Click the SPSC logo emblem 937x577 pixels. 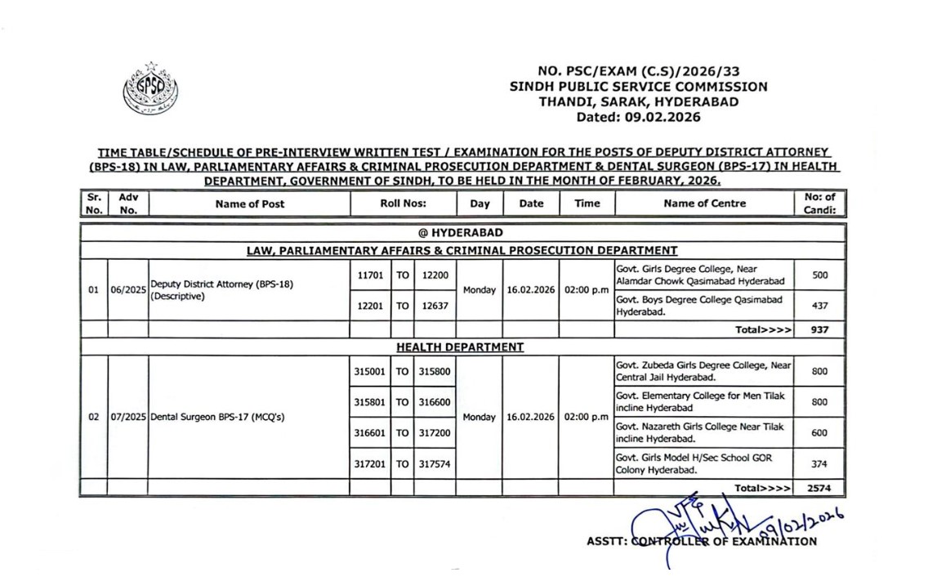click(150, 88)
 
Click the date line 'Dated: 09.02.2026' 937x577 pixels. click(638, 117)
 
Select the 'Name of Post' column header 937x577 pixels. click(249, 204)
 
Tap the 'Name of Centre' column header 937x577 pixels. click(704, 204)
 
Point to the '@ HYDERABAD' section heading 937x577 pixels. click(461, 233)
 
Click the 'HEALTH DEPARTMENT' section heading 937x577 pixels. click(460, 347)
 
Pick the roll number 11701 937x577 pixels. click(371, 275)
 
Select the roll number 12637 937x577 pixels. click(435, 306)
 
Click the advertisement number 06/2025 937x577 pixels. click(127, 290)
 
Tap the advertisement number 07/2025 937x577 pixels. click(127, 416)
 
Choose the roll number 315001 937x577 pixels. click(370, 371)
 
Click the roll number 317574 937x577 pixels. click(435, 463)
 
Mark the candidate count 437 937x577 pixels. click(819, 306)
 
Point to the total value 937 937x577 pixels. click(819, 329)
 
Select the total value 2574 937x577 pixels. click(819, 488)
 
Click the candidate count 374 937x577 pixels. click(819, 463)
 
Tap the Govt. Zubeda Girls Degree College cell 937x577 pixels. click(703, 371)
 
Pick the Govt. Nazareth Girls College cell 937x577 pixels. click(703, 432)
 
